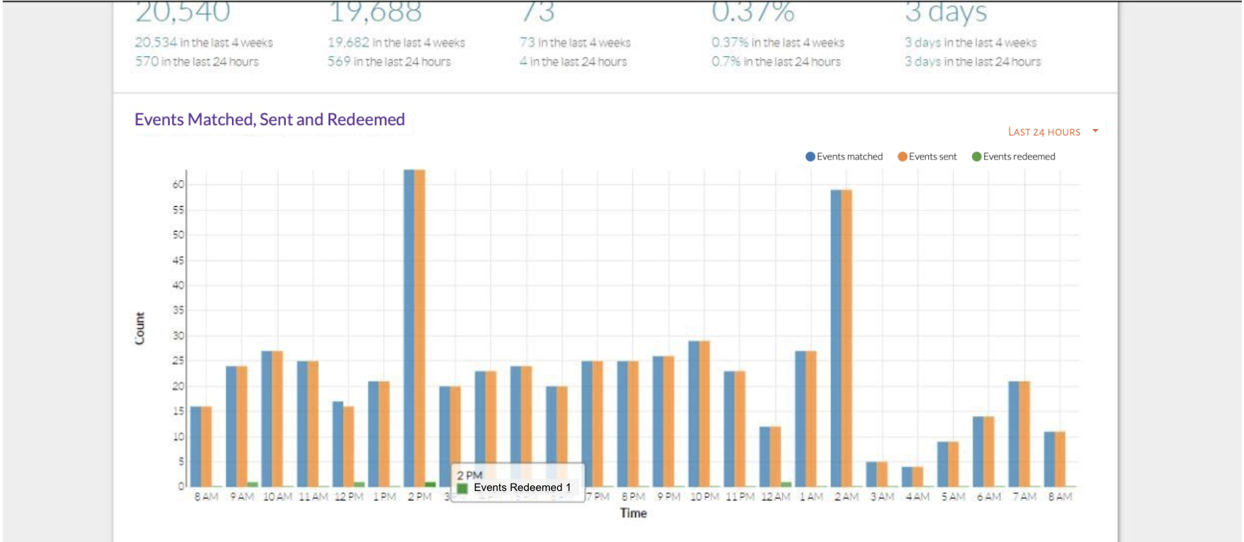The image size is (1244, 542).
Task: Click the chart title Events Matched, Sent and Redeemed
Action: point(269,119)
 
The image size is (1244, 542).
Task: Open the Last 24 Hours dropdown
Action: point(1052,132)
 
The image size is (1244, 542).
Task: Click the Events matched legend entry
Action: point(844,157)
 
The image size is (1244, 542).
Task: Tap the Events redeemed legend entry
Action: point(1014,157)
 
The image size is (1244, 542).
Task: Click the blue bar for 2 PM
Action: point(409,328)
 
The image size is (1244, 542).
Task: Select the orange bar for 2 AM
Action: point(847,338)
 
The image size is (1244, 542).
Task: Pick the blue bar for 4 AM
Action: point(906,476)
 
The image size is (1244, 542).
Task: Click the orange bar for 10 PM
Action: point(704,414)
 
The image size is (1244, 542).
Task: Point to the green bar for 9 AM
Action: point(252,484)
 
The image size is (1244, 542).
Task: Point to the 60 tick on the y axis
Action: point(178,185)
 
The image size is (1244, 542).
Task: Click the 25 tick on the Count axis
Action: point(178,361)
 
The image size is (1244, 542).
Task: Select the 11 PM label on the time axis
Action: point(740,497)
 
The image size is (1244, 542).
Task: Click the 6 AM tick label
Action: point(989,497)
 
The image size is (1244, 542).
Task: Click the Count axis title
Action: point(140,328)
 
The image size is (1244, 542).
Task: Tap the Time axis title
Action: point(633,513)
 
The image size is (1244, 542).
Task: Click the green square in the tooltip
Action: point(462,488)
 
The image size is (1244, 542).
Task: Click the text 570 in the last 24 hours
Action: point(197,62)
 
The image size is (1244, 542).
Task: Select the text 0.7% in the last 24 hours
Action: point(776,62)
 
